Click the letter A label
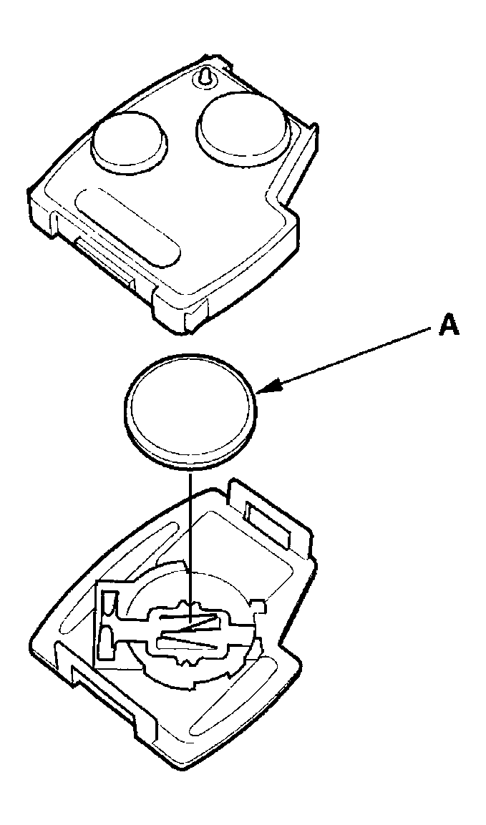pos(449,326)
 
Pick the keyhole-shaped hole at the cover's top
pos(204,77)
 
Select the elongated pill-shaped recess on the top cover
pos(128,226)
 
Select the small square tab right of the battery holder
pos(260,605)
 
